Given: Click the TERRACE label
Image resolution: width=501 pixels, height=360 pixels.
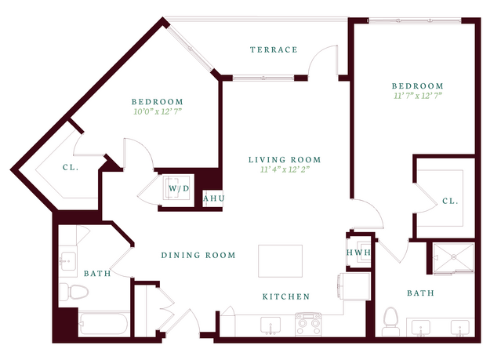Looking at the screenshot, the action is pos(274,49).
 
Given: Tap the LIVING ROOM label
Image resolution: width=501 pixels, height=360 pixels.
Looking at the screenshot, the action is pos(285,159).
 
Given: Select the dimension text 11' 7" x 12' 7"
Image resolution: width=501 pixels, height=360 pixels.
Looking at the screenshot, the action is pos(418,96).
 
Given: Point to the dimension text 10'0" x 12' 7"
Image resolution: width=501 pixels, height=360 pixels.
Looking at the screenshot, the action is pos(158,111).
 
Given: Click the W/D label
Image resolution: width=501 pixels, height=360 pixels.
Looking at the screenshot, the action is pos(179,188).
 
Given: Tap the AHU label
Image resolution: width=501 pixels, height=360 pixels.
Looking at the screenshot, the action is pos(214,198).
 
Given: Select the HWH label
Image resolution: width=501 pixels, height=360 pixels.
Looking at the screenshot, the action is pos(358,253).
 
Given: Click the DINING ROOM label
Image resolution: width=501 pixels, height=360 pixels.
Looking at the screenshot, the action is pos(198,255).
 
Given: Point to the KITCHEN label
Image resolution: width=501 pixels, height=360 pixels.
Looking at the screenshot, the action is pos(286,296).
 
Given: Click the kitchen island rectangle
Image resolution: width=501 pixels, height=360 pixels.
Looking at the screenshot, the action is pos(280,261).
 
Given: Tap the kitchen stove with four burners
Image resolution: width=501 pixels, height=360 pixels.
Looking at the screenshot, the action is pos(308,324).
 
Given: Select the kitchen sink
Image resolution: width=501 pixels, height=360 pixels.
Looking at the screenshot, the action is pos(270,325).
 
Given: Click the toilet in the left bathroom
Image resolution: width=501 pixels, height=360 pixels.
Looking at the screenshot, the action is pos(74,292).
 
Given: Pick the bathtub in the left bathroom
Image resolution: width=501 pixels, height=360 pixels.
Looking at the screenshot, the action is pos(103,324).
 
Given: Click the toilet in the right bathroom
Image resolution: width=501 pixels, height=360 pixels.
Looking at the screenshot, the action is pos(390,322).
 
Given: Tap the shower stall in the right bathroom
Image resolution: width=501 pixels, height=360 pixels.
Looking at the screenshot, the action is pos(453,258).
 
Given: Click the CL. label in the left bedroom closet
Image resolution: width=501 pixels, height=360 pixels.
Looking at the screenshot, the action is pos(71,167).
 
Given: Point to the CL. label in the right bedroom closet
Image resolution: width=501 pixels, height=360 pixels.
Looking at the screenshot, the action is pos(450,201).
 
